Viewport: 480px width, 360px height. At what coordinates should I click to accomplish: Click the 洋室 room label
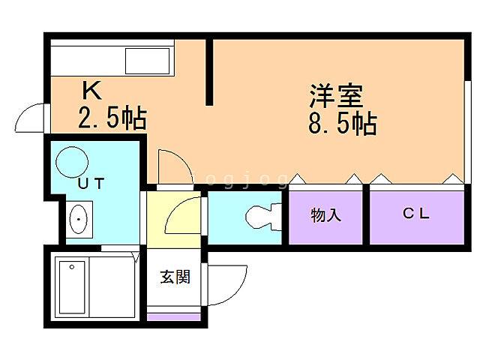click(x=337, y=97)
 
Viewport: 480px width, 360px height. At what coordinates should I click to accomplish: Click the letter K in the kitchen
click(x=91, y=91)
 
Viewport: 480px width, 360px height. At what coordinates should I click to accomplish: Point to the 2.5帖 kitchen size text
click(x=112, y=118)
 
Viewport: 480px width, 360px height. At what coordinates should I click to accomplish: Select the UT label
click(x=91, y=182)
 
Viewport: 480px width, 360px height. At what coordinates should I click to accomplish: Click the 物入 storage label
click(x=326, y=216)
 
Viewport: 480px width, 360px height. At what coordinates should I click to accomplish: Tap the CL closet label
click(x=415, y=214)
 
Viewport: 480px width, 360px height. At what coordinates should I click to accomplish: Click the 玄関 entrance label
click(x=175, y=277)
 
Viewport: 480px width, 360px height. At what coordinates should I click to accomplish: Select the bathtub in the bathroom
click(x=72, y=287)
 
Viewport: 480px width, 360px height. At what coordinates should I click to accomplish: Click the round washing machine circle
click(x=72, y=160)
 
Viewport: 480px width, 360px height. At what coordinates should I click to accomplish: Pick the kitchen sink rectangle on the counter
click(x=148, y=60)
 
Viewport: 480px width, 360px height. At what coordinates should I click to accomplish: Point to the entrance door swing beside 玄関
click(x=225, y=283)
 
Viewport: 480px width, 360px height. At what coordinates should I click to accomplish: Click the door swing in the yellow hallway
click(x=182, y=219)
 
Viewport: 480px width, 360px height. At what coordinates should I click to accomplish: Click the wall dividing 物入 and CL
click(x=366, y=216)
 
